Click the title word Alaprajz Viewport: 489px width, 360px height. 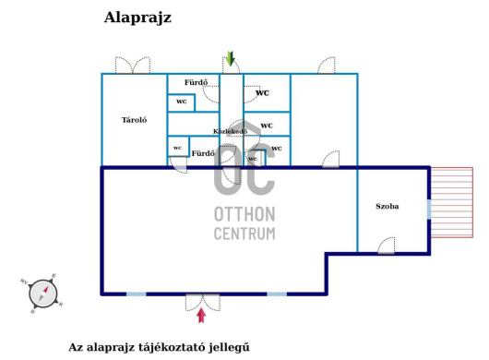137,18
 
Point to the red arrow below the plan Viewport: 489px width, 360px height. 201,316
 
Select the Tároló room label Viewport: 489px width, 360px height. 136,120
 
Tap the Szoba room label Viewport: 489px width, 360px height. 388,206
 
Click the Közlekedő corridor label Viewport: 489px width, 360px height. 230,131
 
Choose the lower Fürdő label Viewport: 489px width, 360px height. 202,152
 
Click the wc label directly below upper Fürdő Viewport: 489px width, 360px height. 181,102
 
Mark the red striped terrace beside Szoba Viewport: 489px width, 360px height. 451,210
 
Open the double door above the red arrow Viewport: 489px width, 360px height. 201,300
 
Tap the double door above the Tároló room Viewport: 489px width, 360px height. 133,66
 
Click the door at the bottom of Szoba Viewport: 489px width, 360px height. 388,245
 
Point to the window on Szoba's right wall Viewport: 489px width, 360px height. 429,210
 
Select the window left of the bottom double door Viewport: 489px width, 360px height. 136,294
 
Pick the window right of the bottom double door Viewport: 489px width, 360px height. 276,294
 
